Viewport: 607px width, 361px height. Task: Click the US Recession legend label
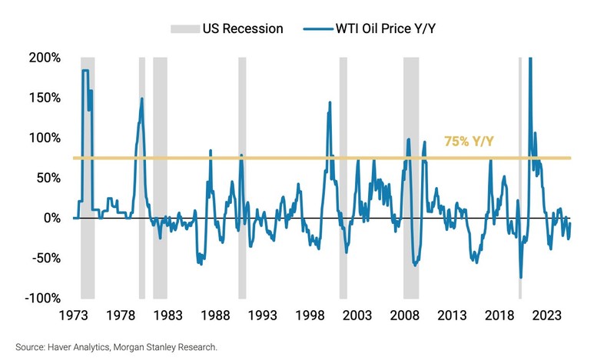coord(244,28)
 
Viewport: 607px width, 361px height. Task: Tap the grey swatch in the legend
coord(185,28)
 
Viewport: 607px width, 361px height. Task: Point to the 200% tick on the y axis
coord(45,58)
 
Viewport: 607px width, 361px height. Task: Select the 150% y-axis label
coord(45,98)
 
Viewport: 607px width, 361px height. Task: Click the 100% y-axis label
coord(45,138)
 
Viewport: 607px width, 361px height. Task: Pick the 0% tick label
coord(51,218)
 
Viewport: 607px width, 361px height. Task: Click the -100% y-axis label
coord(43,298)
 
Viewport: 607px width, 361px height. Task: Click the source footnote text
coord(117,347)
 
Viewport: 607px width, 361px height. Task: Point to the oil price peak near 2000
coord(330,102)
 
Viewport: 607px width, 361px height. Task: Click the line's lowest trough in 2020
coord(521,277)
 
